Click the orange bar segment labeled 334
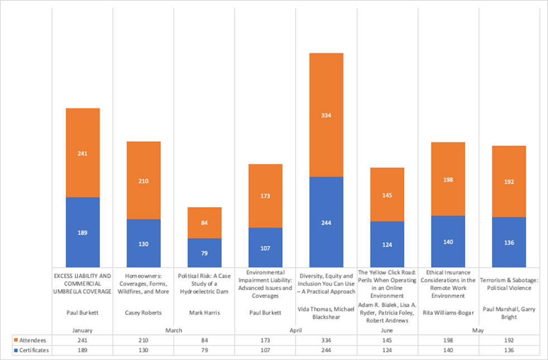(x=326, y=115)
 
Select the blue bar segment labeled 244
(x=326, y=222)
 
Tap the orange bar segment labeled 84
(x=204, y=223)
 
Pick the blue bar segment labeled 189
(x=83, y=232)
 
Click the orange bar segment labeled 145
(x=387, y=195)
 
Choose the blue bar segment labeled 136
(x=509, y=242)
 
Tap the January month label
(x=83, y=330)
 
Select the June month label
(x=387, y=330)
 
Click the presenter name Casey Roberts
(x=144, y=313)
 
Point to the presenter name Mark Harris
(x=204, y=313)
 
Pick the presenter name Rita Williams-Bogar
(x=448, y=313)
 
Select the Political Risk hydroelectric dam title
(x=204, y=284)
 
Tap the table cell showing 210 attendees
(x=144, y=340)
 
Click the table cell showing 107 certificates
(x=265, y=350)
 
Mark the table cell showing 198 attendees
(x=448, y=340)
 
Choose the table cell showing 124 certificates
(x=387, y=350)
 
